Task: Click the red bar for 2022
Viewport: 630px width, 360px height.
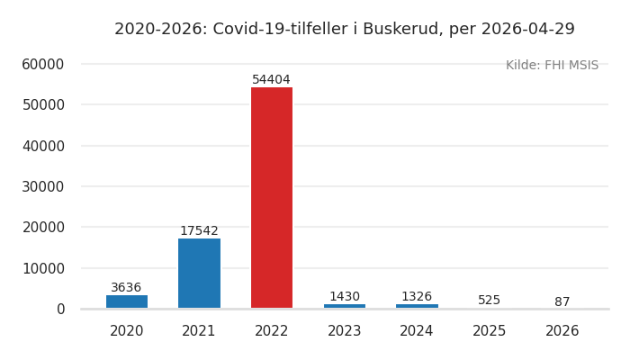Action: (272, 198)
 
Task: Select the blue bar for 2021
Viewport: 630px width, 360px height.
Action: (199, 274)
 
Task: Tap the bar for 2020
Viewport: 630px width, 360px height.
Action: (127, 301)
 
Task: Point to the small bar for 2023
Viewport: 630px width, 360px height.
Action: (345, 306)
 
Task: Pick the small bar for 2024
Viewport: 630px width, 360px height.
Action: (417, 306)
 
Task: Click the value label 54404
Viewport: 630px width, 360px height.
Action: (272, 80)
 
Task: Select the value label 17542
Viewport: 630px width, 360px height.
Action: (199, 231)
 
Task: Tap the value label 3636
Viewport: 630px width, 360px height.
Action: (127, 288)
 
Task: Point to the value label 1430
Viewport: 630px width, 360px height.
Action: (345, 297)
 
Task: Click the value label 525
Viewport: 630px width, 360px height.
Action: (490, 301)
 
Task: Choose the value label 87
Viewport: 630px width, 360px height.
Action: (562, 302)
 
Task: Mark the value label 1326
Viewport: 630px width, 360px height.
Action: (417, 297)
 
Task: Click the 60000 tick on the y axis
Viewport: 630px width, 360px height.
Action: (43, 64)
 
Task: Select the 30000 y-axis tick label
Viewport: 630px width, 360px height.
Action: (43, 186)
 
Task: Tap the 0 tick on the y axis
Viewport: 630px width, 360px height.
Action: (60, 309)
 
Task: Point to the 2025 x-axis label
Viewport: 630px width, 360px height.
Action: (490, 331)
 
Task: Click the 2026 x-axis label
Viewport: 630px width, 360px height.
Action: (562, 331)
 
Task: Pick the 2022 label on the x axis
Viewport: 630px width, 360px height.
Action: (272, 331)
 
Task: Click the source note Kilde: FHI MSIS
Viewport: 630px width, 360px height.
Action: (552, 66)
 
